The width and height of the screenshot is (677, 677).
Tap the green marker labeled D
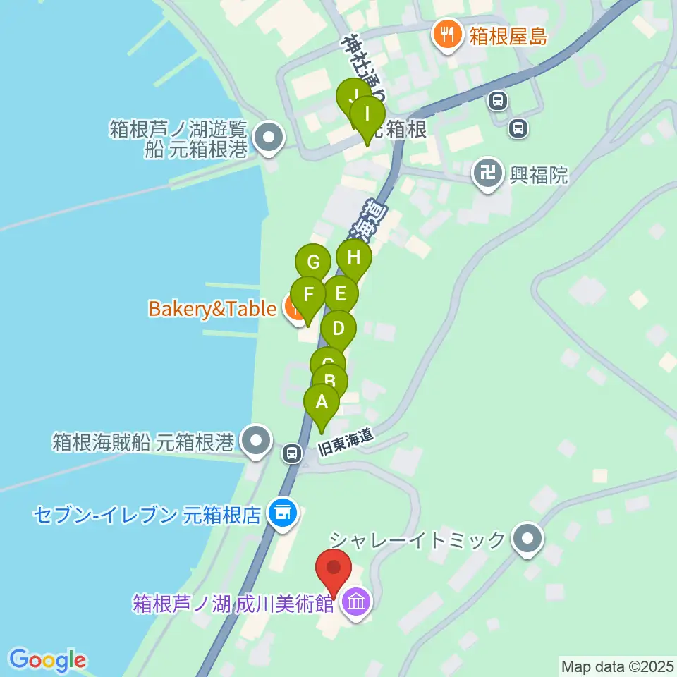point(338,329)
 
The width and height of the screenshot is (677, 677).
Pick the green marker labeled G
point(313,264)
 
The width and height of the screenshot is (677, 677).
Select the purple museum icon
point(356,603)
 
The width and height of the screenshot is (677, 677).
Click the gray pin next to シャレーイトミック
point(527,540)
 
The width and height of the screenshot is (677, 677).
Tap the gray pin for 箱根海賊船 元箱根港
point(255,441)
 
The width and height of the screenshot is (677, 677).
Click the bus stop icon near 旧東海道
point(291,453)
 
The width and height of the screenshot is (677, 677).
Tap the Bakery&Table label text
point(212,309)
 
